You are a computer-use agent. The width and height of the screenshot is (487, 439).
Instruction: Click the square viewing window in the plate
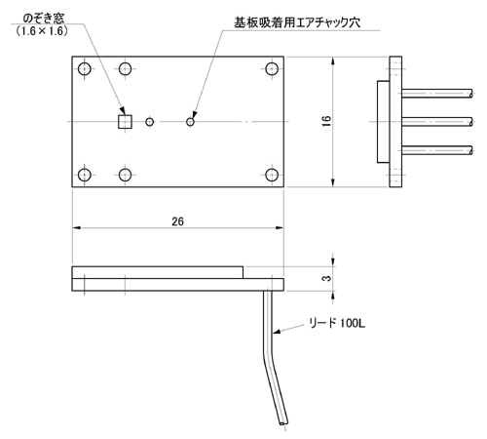(125, 122)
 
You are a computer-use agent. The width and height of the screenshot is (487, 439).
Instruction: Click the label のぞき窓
(44, 19)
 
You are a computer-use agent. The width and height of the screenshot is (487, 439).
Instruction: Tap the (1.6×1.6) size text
(42, 31)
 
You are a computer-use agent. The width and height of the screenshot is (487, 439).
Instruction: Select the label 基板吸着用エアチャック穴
(297, 22)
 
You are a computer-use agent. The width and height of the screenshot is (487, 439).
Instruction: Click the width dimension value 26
(177, 221)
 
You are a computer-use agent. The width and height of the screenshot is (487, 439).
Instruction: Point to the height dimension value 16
(327, 121)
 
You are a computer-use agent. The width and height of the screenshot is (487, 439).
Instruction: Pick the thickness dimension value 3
(327, 278)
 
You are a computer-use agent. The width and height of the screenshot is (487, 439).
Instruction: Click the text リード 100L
(337, 323)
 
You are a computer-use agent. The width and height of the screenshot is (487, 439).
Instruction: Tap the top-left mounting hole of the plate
(85, 69)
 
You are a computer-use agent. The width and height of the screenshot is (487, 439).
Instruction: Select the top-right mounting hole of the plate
(272, 69)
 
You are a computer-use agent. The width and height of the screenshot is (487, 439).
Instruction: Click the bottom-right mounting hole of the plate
(272, 175)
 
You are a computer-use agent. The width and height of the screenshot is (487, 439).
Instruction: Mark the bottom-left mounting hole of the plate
(85, 175)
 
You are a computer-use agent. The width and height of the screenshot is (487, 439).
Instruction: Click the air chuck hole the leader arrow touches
(190, 122)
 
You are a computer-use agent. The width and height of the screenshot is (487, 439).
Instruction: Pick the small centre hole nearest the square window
(149, 122)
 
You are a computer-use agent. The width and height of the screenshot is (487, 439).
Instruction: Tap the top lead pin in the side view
(437, 94)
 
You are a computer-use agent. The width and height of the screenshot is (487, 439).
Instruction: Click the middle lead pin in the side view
(437, 122)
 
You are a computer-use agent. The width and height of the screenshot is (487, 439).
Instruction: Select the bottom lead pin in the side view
(437, 150)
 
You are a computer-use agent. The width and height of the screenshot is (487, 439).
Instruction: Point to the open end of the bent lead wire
(283, 423)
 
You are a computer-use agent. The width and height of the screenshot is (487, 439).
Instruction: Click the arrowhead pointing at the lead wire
(277, 332)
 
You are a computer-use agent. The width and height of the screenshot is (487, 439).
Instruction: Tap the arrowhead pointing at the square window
(122, 111)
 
